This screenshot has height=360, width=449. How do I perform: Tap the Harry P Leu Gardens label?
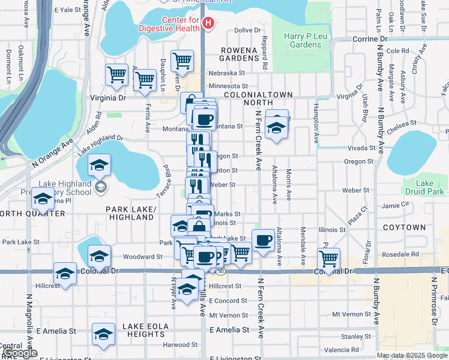[x=302, y=40]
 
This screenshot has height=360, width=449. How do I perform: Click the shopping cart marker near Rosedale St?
[x=328, y=259]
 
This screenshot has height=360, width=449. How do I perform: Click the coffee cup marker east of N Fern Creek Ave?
[x=263, y=240]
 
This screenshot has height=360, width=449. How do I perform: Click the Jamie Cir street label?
[x=395, y=205]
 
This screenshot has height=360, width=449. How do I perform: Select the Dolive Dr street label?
[x=249, y=30]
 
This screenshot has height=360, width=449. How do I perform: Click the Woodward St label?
[x=143, y=257]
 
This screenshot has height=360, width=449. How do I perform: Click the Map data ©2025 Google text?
[x=411, y=355]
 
